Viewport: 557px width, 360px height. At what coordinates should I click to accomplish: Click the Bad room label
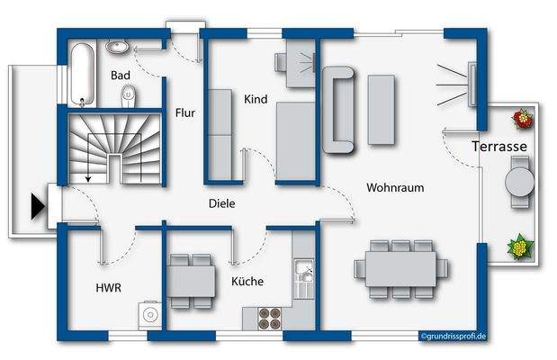pos(121,76)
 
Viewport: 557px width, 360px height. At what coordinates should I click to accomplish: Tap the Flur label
pos(185,112)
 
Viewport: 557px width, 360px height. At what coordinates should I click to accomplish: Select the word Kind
pos(256,97)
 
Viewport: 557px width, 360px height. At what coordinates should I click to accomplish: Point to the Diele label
pos(221,203)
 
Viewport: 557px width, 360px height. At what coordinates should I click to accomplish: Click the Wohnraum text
pos(394,187)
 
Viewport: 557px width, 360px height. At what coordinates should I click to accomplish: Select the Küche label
pos(247,281)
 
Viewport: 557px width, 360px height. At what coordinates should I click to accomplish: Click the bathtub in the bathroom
pos(79,71)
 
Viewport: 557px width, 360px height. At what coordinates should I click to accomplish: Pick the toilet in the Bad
pos(130,93)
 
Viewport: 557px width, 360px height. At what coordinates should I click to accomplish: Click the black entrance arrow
pos(37,208)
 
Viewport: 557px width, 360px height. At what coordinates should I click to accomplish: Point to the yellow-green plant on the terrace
pos(518,246)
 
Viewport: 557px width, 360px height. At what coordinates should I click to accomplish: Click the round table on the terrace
pos(520,182)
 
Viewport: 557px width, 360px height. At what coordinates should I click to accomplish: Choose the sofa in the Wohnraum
pos(342,109)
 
